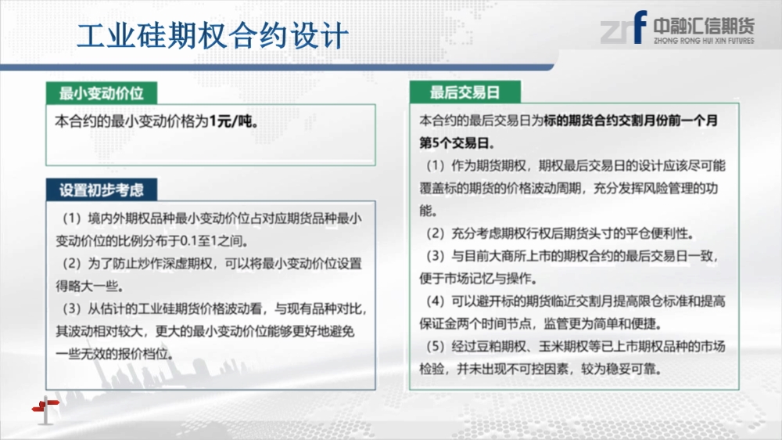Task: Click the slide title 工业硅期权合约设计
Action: [x=213, y=36]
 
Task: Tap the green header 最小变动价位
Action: [x=101, y=93]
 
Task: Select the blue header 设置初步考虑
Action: [x=101, y=190]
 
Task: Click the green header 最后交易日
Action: [x=465, y=92]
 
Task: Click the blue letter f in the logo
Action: [x=640, y=27]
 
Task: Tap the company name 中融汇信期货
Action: [x=704, y=26]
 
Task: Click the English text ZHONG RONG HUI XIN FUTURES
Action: [x=704, y=41]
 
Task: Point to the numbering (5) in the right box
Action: [x=436, y=346]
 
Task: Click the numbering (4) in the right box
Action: [x=436, y=301]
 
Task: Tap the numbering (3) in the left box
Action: [x=72, y=308]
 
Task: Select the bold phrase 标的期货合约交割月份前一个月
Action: [x=631, y=121]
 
